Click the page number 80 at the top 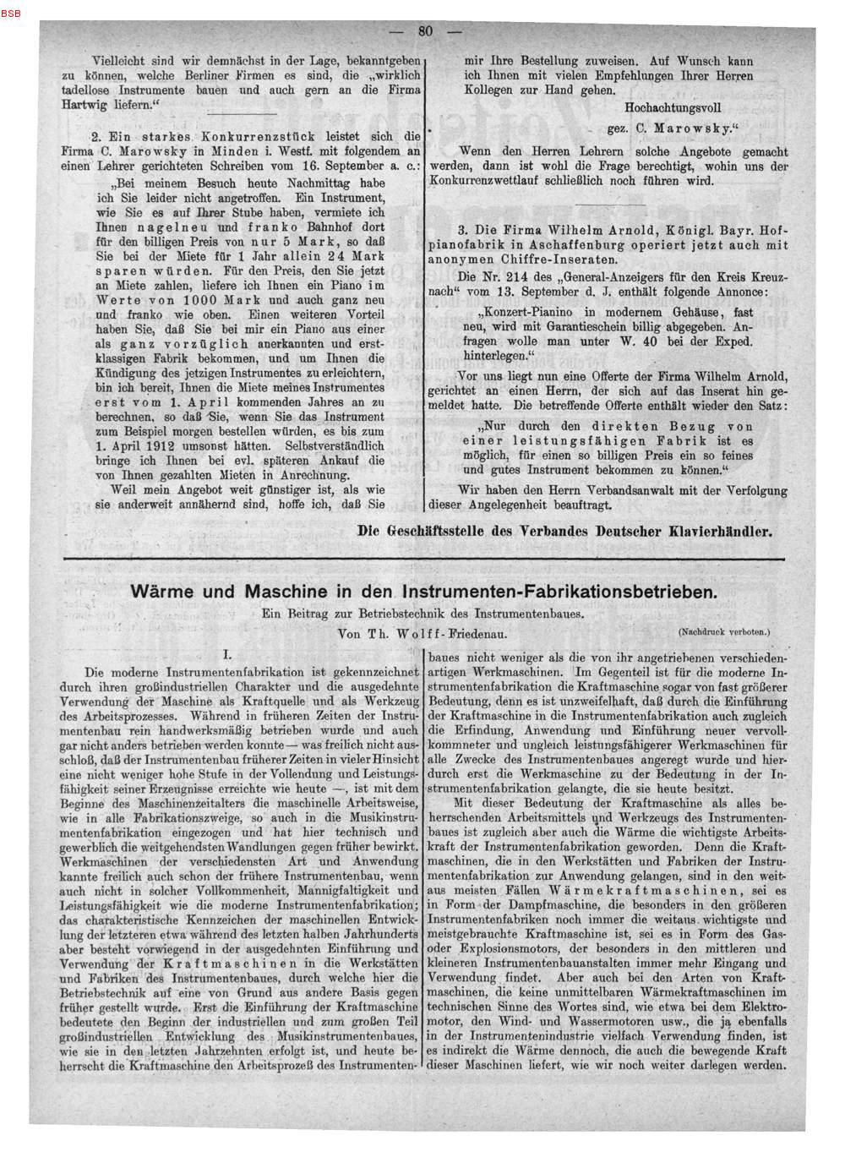pos(424,32)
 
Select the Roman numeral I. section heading pos(227,653)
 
